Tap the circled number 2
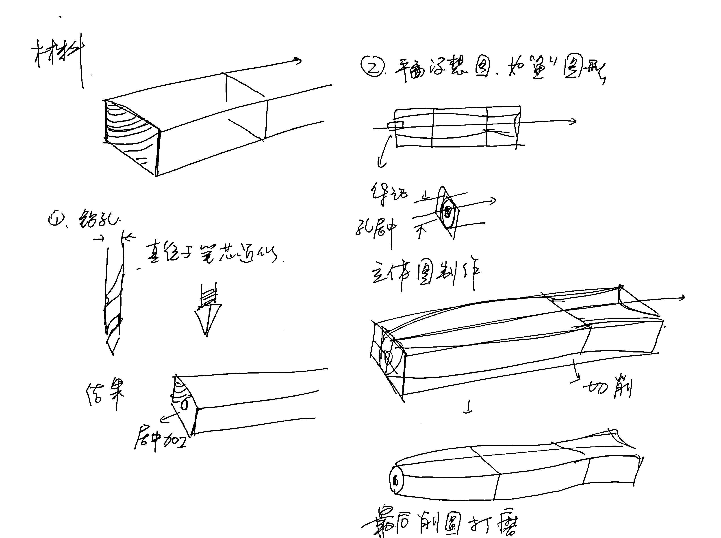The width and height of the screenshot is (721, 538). [x=373, y=67]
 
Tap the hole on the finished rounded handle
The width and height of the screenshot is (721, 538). [x=395, y=480]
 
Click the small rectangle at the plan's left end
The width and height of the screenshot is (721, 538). [x=396, y=125]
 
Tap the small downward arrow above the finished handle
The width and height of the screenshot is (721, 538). [x=468, y=410]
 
